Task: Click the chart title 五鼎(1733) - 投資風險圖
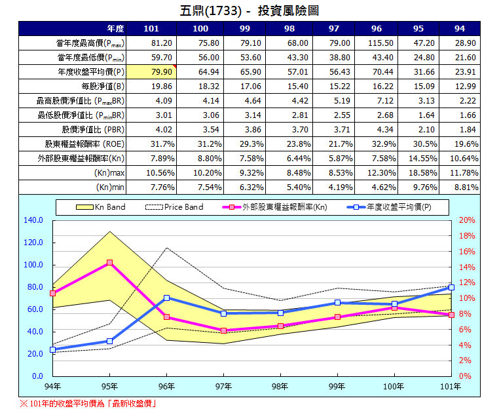tap(249, 11)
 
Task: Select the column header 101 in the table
tap(151, 29)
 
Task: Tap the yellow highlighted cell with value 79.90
tap(151, 71)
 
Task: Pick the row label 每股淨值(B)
tap(103, 86)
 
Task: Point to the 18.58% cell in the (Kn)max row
tap(422, 172)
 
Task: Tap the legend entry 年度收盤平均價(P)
tap(396, 207)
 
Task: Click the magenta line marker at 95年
tap(109, 263)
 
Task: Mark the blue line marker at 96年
tap(166, 298)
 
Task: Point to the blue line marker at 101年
tap(451, 287)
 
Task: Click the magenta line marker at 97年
tap(223, 330)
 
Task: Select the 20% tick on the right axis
tap(467, 220)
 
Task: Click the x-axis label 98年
tap(280, 387)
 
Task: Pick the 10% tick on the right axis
tap(467, 298)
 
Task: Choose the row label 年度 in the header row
tap(115, 29)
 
